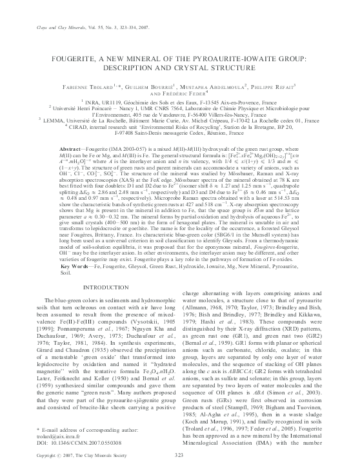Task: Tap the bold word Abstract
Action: pos(64,148)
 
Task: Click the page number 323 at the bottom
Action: pos(180,456)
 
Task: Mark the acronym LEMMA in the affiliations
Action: pos(55,120)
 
